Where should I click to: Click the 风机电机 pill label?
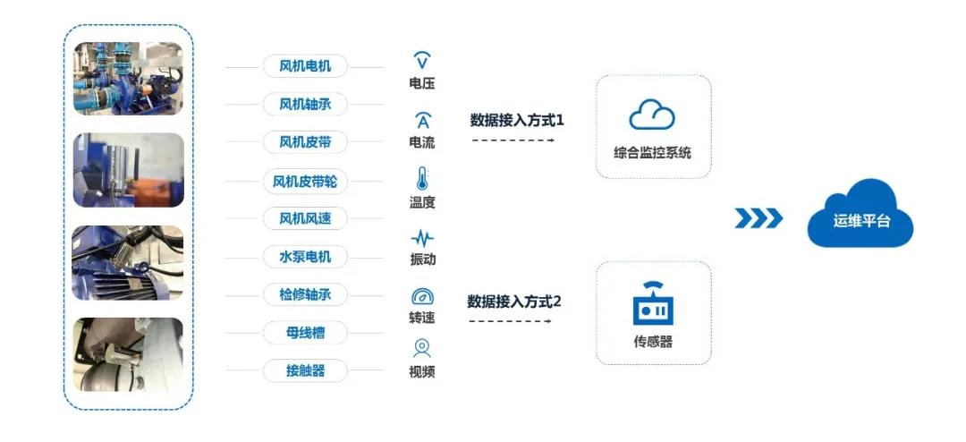(x=305, y=66)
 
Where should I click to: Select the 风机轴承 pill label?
(x=305, y=104)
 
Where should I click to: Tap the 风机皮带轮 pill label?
(x=305, y=183)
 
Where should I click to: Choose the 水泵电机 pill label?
(x=305, y=257)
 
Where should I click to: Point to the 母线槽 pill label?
(x=305, y=333)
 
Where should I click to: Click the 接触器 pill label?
(x=305, y=370)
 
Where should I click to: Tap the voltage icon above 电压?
(x=422, y=61)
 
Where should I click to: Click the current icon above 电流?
(x=422, y=121)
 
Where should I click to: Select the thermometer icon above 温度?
(x=422, y=178)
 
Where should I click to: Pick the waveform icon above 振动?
(x=422, y=238)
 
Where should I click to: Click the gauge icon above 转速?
(x=422, y=296)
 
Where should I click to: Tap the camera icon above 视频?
(x=422, y=348)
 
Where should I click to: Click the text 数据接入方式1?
(x=518, y=120)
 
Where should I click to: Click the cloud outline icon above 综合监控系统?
(x=652, y=114)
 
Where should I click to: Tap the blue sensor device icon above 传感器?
(x=653, y=304)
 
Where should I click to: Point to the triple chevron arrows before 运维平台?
(x=758, y=218)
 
